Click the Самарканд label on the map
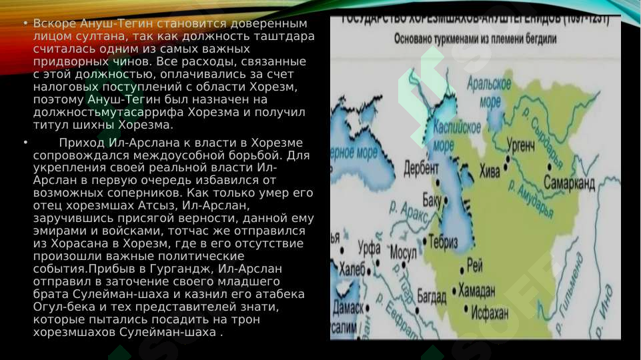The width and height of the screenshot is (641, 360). coord(569,183)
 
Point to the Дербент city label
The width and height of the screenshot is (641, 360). coord(422,167)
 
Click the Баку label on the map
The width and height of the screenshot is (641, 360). coord(432,198)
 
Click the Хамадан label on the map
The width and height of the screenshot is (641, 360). coord(476,291)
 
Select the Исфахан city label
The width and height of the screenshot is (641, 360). coord(490,312)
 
